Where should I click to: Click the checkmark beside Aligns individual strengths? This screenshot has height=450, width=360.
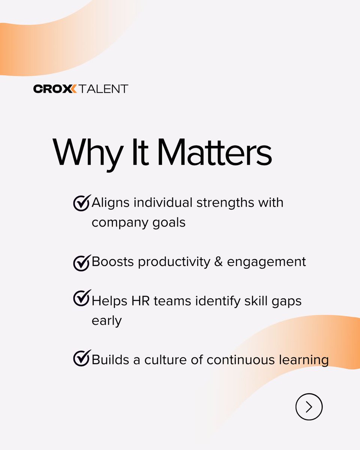(x=82, y=202)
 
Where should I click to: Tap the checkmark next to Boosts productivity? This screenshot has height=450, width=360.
(x=82, y=262)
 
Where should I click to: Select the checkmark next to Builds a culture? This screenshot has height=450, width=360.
(x=82, y=358)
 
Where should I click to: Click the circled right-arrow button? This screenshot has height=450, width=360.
(x=309, y=406)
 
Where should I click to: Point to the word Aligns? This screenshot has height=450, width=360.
(x=111, y=202)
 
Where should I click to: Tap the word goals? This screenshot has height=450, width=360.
(x=171, y=223)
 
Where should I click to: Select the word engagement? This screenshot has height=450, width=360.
(x=267, y=262)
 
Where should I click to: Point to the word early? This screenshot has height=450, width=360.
(x=107, y=321)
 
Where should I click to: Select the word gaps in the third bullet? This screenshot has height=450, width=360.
(x=285, y=301)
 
